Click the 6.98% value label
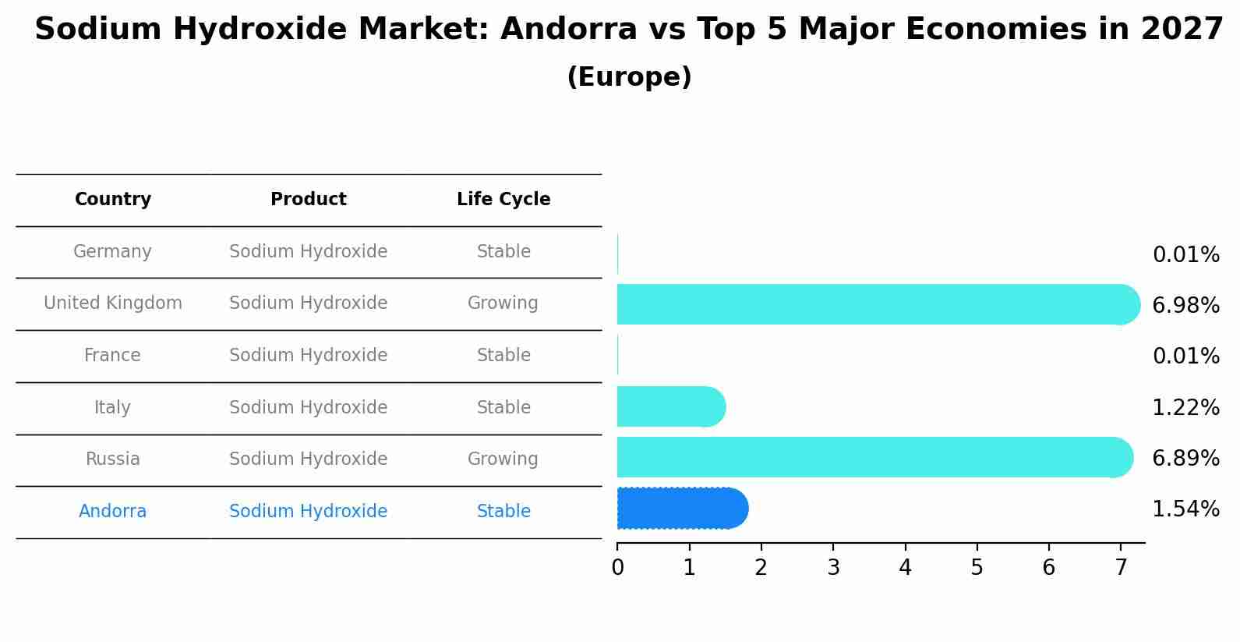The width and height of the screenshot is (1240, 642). [1185, 306]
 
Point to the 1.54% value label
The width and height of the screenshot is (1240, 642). [1185, 509]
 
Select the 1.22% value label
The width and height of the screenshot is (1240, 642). [1185, 407]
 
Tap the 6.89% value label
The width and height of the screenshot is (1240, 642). [1185, 458]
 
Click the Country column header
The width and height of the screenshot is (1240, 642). [113, 200]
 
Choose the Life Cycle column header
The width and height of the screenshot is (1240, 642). [503, 200]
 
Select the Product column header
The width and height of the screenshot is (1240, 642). [309, 200]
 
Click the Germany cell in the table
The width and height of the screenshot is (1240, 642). [112, 252]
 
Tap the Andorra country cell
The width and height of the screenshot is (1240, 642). [112, 512]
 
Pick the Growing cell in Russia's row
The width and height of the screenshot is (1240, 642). [503, 459]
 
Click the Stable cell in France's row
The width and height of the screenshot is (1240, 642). [503, 356]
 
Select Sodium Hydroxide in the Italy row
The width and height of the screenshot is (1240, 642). [309, 408]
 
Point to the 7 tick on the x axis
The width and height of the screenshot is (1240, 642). [1121, 568]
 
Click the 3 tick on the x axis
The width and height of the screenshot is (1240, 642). [833, 568]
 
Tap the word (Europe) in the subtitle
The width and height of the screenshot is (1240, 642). [629, 77]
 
